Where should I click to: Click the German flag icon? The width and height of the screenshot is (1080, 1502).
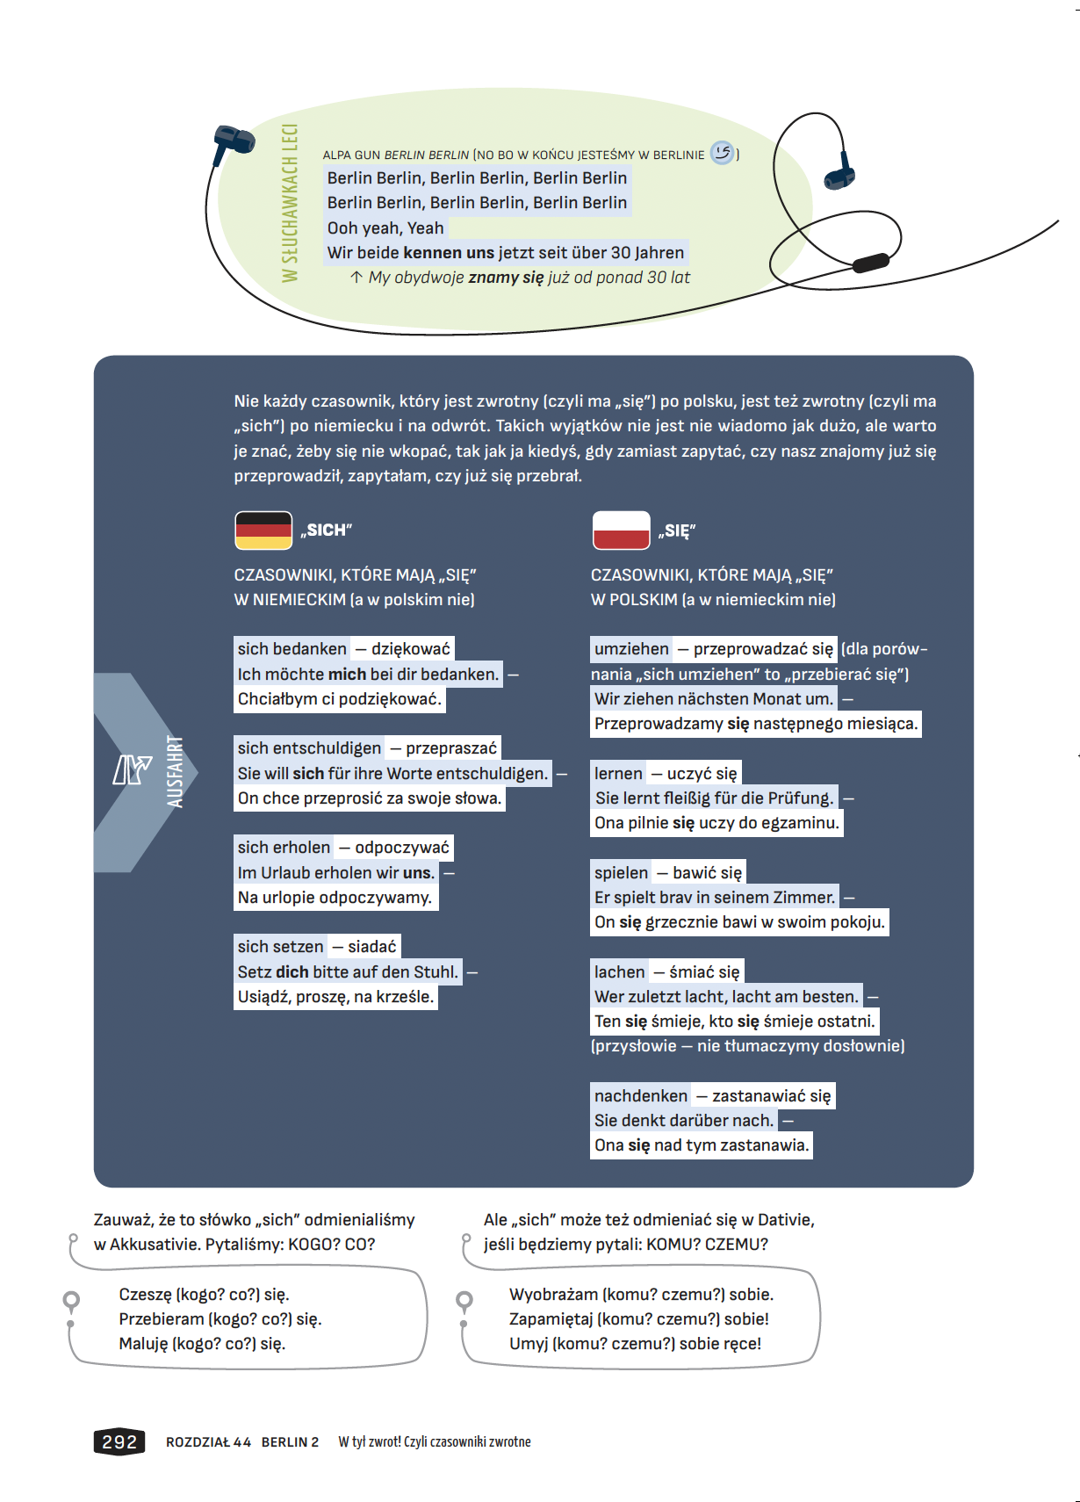[263, 531]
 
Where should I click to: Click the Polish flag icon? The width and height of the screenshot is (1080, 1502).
[621, 531]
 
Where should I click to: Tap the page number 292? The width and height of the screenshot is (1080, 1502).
[119, 1441]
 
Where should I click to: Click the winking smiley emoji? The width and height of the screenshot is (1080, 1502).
[722, 153]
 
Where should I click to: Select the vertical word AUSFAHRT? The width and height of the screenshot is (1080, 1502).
[175, 771]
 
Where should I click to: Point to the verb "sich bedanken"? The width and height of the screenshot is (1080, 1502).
[292, 649]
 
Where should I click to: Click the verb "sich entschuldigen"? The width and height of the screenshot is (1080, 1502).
[309, 748]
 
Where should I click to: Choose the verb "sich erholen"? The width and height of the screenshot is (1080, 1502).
[284, 848]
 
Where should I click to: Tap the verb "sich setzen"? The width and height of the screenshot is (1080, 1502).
[280, 947]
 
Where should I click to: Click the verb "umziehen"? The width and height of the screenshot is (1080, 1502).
[631, 649]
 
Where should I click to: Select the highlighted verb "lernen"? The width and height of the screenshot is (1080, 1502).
[618, 774]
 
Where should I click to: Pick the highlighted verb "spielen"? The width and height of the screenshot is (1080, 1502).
[621, 873]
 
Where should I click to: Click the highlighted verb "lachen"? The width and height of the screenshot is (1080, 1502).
[619, 972]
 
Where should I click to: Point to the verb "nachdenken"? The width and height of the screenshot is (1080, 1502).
[641, 1096]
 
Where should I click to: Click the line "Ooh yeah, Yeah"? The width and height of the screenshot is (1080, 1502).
[385, 228]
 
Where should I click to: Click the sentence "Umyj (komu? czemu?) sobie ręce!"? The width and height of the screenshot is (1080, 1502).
[635, 1344]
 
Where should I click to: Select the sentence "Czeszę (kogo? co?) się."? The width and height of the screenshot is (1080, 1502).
[204, 1295]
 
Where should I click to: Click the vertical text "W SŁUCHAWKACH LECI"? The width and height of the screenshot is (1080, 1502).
[290, 203]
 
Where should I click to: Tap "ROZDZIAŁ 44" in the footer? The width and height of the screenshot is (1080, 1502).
[208, 1442]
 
